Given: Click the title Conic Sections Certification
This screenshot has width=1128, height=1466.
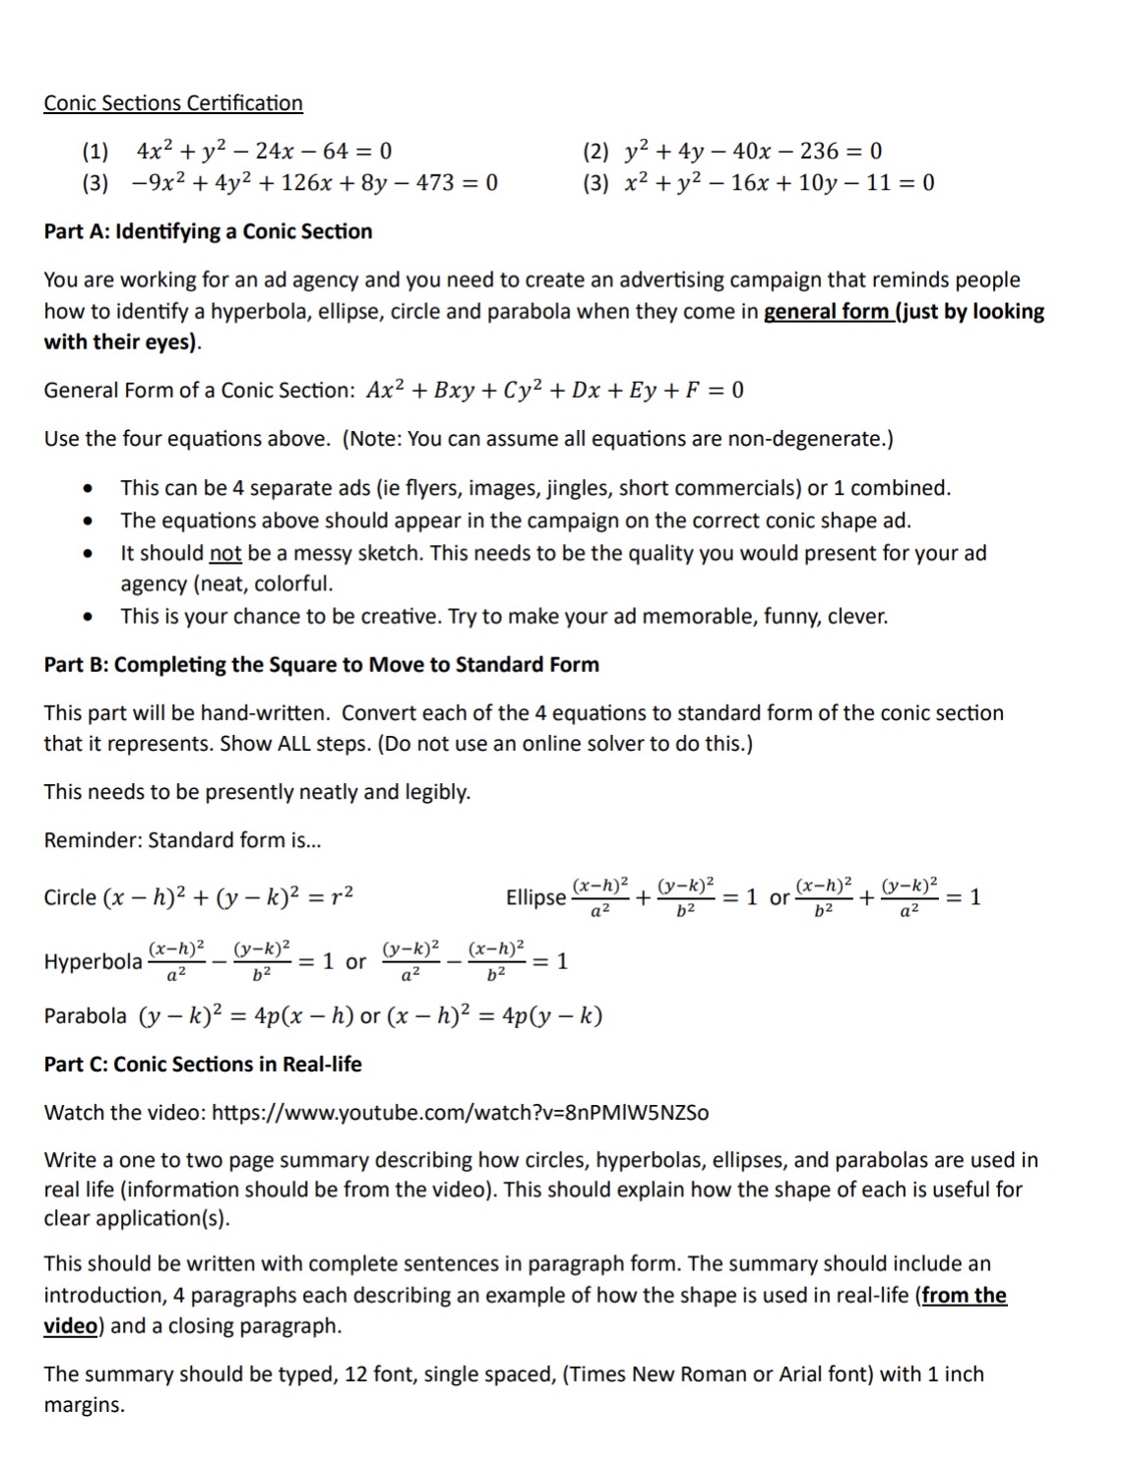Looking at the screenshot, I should [173, 103].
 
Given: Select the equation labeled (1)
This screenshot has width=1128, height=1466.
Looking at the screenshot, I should [264, 152].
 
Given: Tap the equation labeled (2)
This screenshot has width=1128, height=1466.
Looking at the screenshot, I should [753, 152].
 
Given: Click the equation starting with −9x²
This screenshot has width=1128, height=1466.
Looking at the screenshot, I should [315, 183].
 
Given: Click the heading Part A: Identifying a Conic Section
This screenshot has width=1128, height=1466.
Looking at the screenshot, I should [208, 232].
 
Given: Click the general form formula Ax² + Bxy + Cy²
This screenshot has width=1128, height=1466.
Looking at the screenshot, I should [555, 391].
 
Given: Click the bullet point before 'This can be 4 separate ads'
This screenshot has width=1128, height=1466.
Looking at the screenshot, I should [90, 489].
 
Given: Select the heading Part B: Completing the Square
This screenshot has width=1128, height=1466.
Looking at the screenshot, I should [321, 665].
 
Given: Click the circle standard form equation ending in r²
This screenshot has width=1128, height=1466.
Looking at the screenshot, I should [228, 897].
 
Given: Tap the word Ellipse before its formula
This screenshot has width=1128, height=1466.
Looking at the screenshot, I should [535, 897].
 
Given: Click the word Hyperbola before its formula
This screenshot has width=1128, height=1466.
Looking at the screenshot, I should [93, 961].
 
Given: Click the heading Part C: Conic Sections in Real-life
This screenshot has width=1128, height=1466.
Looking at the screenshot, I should [203, 1065].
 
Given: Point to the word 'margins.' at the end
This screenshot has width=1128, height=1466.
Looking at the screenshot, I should [85, 1405].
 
